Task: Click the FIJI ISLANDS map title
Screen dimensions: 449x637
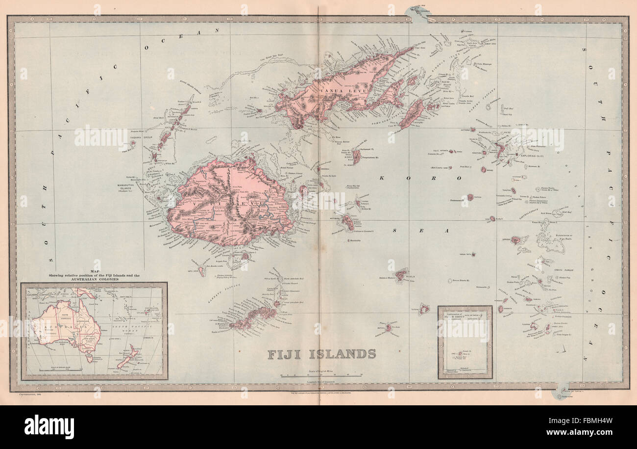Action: (x=321, y=354)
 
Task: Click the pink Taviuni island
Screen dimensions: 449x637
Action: (x=411, y=113)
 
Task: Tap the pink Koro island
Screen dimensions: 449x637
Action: (x=356, y=156)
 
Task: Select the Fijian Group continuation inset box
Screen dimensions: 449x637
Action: (x=465, y=342)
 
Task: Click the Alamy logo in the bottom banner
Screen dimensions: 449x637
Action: (x=49, y=427)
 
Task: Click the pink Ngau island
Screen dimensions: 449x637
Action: (x=347, y=222)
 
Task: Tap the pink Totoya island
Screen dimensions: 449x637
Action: (x=424, y=309)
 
